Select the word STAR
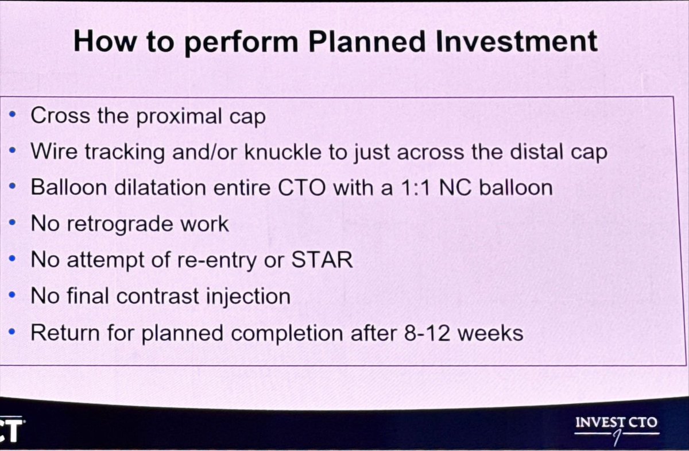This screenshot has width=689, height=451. [x=322, y=260]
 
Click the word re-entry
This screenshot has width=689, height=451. [x=220, y=261]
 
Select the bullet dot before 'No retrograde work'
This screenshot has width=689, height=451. [x=13, y=223]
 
